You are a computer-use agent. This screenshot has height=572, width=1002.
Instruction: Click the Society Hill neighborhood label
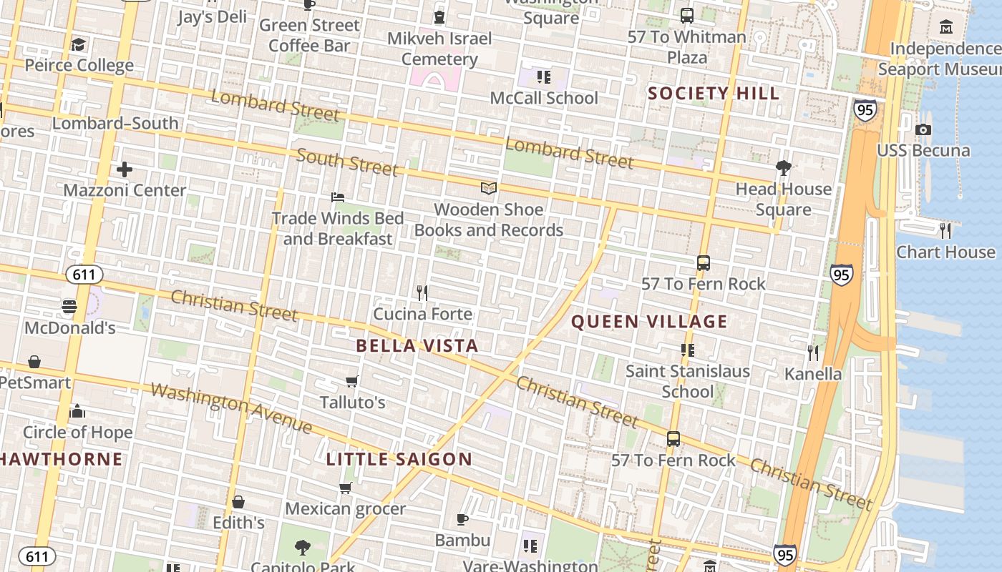pyautogui.click(x=713, y=93)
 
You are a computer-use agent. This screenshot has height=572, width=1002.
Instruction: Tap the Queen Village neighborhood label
pyautogui.click(x=648, y=322)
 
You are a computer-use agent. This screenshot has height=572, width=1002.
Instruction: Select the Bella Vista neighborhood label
pyautogui.click(x=417, y=346)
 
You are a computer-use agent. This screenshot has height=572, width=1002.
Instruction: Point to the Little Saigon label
pyautogui.click(x=399, y=459)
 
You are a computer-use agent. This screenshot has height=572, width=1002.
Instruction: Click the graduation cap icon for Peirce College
pyautogui.click(x=78, y=45)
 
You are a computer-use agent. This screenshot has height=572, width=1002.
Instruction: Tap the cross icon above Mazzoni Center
pyautogui.click(x=125, y=169)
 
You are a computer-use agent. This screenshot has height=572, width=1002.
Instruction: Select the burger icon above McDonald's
pyautogui.click(x=69, y=307)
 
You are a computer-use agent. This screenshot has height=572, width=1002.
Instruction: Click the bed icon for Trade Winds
pyautogui.click(x=338, y=197)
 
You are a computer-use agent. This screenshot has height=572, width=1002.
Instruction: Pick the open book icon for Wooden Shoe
pyautogui.click(x=489, y=188)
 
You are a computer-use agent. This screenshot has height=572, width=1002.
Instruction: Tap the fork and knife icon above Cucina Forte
pyautogui.click(x=422, y=292)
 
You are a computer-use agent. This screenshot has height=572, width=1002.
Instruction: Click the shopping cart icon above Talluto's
pyautogui.click(x=351, y=381)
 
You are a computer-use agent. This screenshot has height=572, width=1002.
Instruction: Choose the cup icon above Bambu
pyautogui.click(x=462, y=519)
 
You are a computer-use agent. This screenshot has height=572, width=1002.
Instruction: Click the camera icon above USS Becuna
pyautogui.click(x=923, y=129)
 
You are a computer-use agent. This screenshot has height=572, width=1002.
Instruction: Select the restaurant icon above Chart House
pyautogui.click(x=945, y=230)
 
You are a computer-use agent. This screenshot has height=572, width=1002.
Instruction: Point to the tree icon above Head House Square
pyautogui.click(x=784, y=168)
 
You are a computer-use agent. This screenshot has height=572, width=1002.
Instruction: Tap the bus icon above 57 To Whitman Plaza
pyautogui.click(x=687, y=15)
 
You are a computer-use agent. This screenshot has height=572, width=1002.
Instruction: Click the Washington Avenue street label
pyautogui.click(x=231, y=409)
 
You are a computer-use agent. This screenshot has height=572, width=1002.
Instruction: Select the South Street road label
pyautogui.click(x=347, y=162)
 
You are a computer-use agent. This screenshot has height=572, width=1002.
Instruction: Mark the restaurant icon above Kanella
pyautogui.click(x=813, y=352)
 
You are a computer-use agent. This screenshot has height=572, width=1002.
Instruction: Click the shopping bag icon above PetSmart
pyautogui.click(x=34, y=362)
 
